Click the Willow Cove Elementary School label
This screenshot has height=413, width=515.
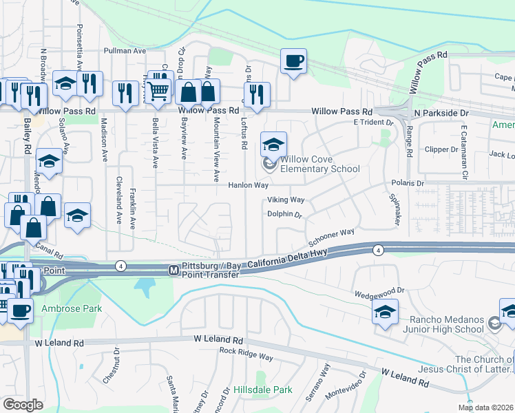[319, 164]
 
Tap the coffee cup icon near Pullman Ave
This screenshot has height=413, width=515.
[293, 61]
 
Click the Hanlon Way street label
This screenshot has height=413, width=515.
[248, 185]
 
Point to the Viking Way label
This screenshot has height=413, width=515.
[286, 200]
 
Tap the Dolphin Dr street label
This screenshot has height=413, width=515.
[285, 215]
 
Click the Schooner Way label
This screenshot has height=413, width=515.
[331, 238]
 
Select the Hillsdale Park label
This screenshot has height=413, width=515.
[262, 390]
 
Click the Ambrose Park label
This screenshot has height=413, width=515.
[72, 308]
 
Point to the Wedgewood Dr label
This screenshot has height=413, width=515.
[378, 293]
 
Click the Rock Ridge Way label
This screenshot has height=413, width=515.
[246, 350]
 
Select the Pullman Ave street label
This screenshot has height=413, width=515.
[125, 51]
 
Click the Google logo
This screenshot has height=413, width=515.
[23, 405]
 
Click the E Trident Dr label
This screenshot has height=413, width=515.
[372, 123]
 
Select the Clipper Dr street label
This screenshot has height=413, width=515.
[441, 149]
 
